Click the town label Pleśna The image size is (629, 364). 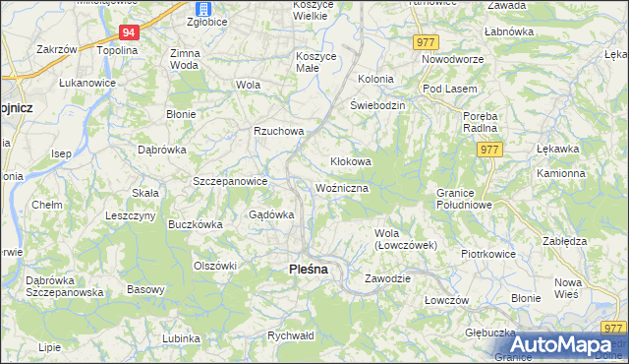308,269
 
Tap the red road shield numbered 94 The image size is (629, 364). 131,32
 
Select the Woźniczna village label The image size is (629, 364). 342,187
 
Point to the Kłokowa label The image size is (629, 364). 349,161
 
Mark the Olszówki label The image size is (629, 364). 216,266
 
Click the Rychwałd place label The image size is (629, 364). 290,335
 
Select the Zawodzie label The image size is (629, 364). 386,278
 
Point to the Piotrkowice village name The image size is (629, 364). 488,253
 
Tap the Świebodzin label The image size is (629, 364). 377,105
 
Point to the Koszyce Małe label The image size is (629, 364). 316,62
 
